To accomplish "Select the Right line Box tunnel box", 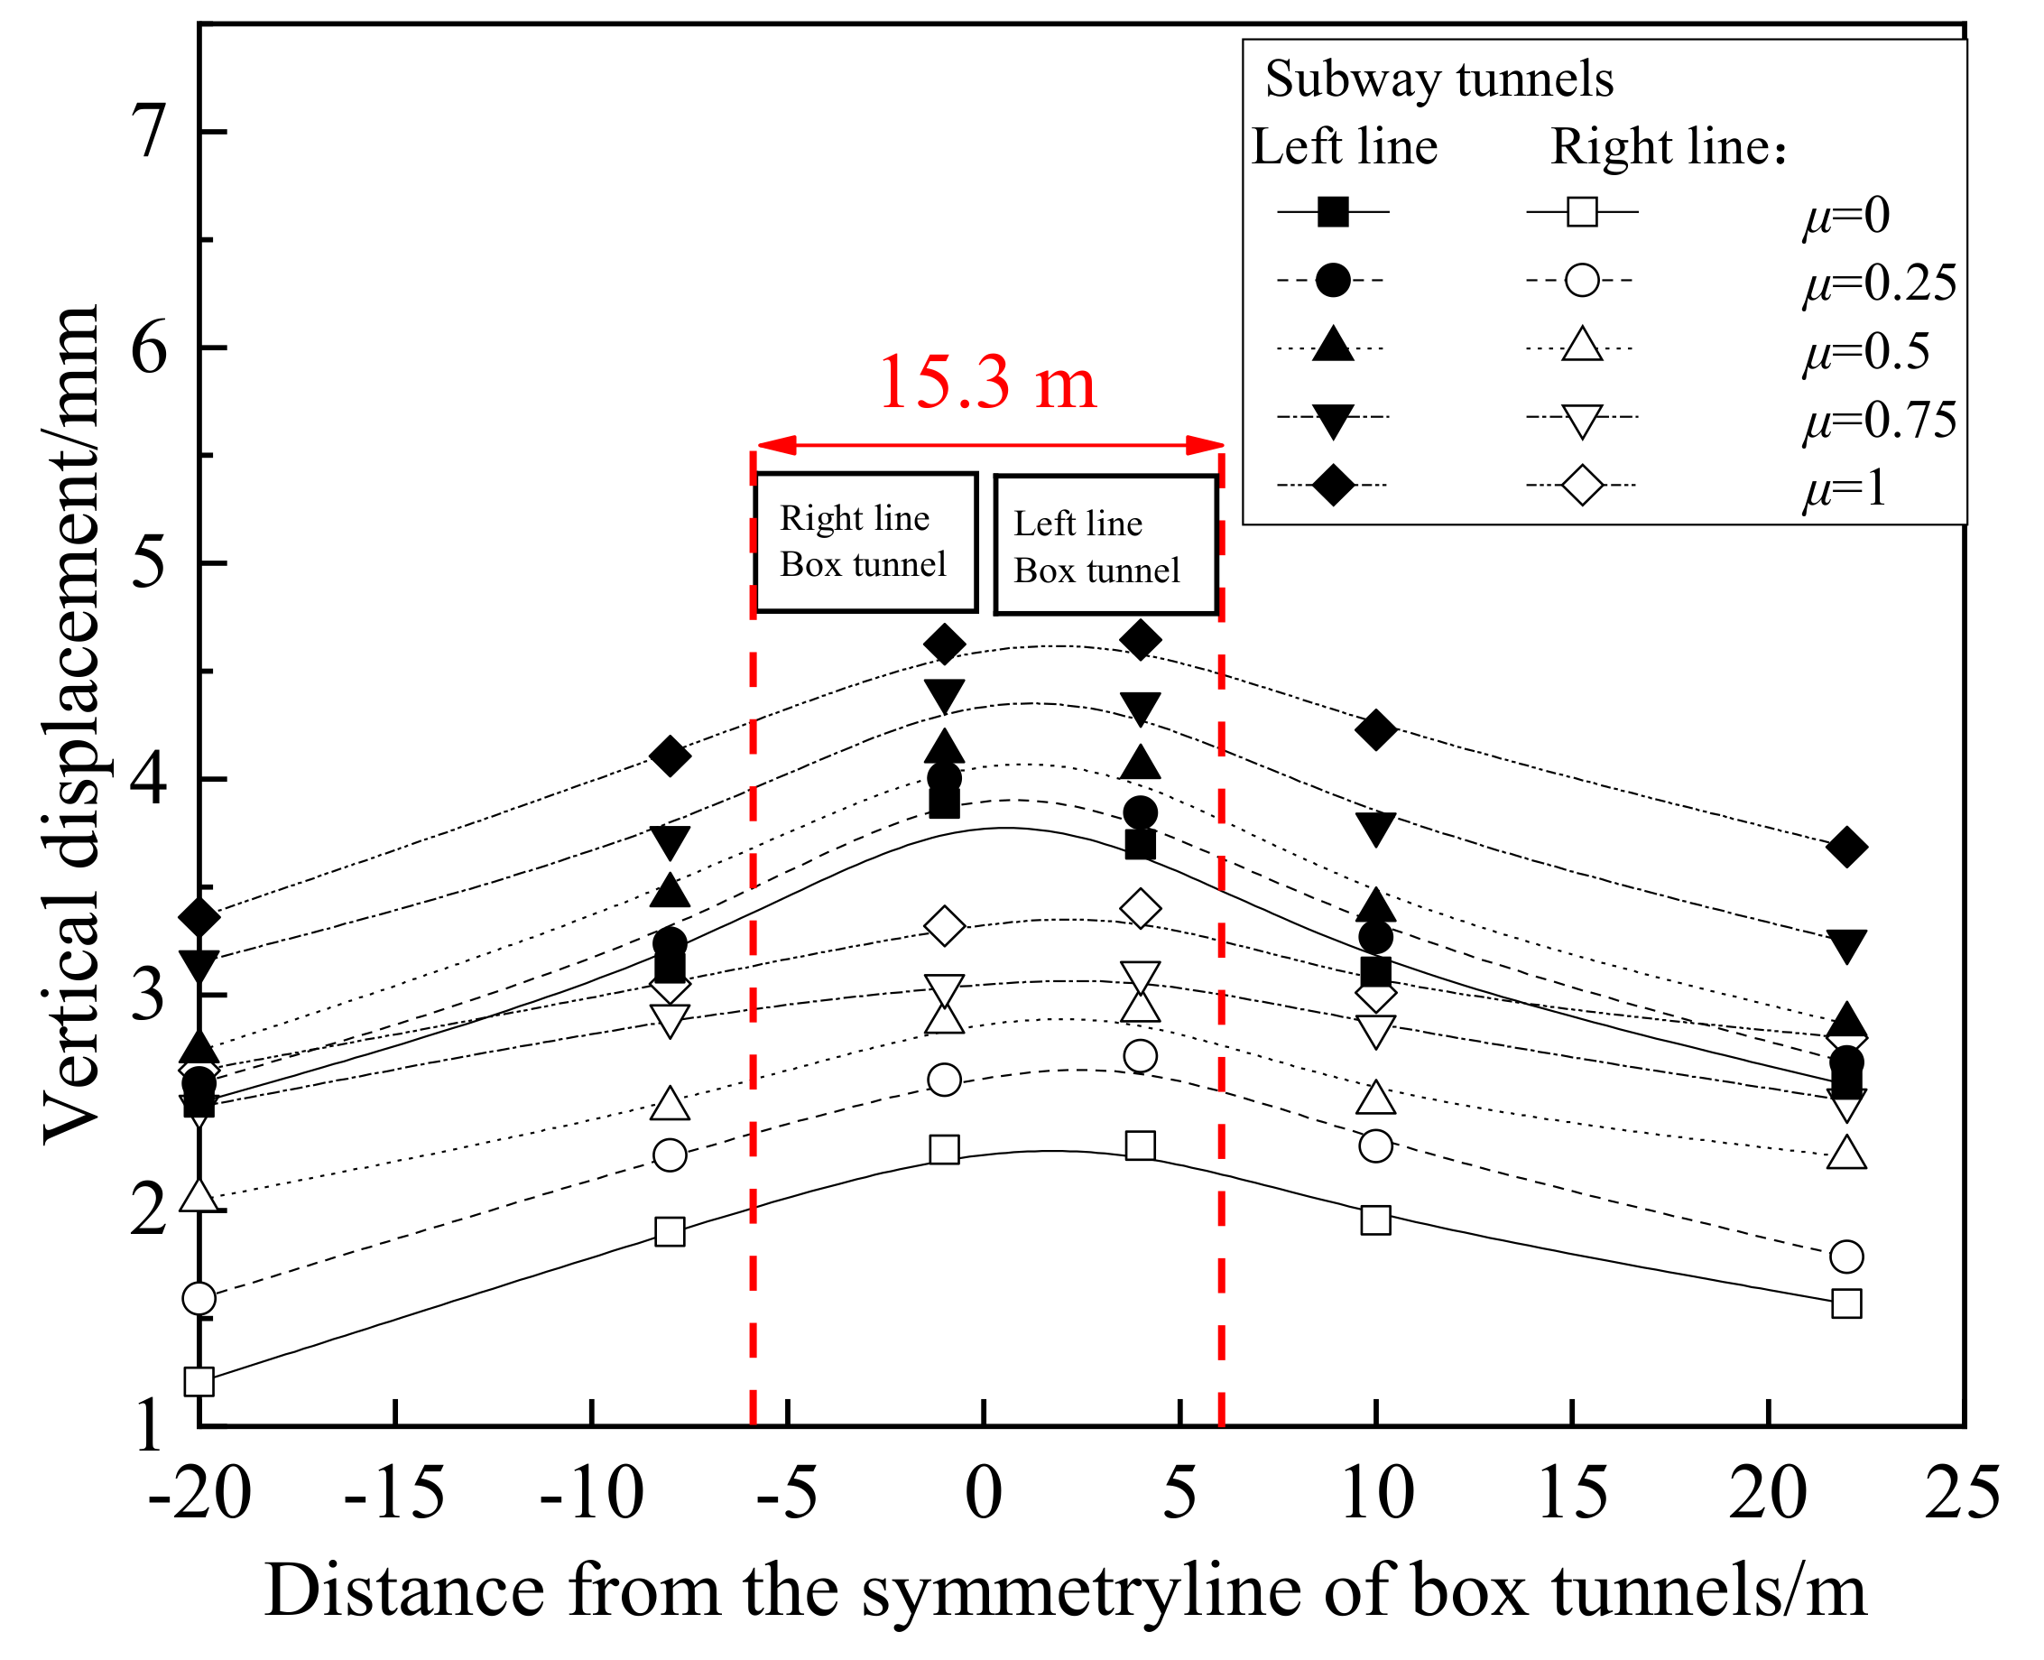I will (865, 543).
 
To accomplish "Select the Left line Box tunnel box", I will (1105, 545).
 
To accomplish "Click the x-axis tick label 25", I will (1962, 1494).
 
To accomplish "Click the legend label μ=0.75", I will (1879, 420).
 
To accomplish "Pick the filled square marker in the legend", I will (1333, 211).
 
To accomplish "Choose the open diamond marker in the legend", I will (1582, 486).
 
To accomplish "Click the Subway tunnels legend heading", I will (1438, 79).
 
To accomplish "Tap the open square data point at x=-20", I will (199, 1382).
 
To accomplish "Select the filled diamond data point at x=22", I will (1846, 848).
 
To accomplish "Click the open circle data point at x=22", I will (1846, 1257).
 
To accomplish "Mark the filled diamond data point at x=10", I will (1374, 729).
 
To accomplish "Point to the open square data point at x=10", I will (1374, 1219).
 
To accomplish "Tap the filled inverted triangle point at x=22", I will (1846, 945).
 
